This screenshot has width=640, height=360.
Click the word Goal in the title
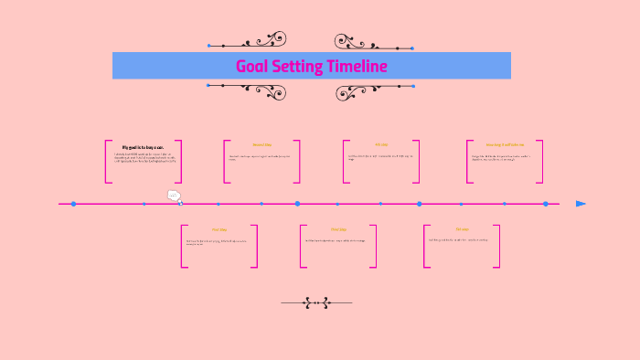click(251, 66)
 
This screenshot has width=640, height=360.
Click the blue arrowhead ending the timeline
click(581, 204)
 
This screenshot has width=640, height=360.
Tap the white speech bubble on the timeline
click(174, 196)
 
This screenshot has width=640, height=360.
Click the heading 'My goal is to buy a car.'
click(144, 146)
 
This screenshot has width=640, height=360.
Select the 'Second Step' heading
click(262, 144)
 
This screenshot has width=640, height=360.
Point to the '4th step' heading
click(381, 144)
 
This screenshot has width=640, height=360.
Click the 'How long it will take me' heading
click(505, 144)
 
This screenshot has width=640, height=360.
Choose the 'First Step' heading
click(219, 229)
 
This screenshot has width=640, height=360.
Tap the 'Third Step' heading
click(338, 229)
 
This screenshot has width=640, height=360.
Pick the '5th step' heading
click(462, 229)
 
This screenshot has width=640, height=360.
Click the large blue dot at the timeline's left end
click(74, 204)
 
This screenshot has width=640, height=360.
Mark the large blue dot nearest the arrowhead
click(546, 204)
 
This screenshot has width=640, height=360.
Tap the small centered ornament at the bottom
click(316, 302)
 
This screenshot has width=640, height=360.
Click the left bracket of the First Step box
click(184, 246)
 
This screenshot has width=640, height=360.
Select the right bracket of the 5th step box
click(497, 246)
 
